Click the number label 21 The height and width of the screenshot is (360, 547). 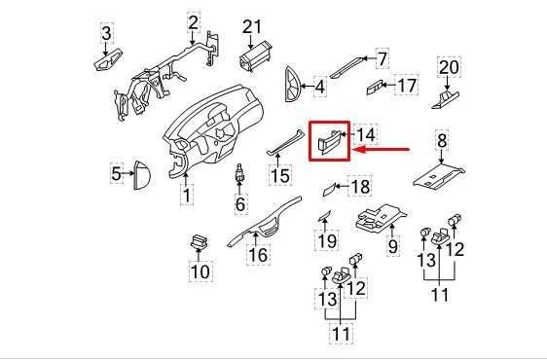[x=253, y=25]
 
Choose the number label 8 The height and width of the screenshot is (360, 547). [x=442, y=143]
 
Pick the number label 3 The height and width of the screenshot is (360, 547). [x=107, y=38]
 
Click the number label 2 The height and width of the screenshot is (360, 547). [x=193, y=21]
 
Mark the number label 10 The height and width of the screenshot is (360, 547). [x=200, y=271]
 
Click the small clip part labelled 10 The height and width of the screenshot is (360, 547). [x=199, y=243]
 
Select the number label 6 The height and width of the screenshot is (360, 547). [x=239, y=205]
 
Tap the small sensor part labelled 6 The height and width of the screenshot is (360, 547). [x=238, y=178]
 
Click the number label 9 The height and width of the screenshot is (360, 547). [x=393, y=247]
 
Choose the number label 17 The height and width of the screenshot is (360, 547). [x=406, y=86]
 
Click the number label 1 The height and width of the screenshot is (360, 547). [x=186, y=197]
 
